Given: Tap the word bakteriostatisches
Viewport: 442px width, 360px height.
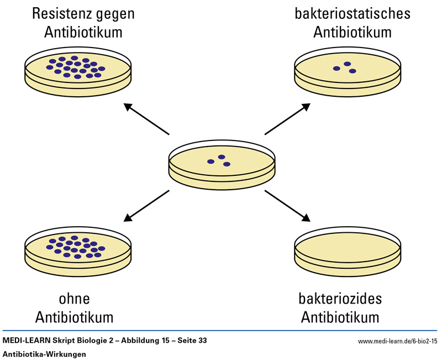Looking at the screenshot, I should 352,13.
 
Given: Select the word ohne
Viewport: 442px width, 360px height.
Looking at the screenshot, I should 74,299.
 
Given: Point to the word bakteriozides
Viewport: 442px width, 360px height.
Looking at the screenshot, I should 340,299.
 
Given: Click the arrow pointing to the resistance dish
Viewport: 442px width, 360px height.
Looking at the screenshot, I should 146,118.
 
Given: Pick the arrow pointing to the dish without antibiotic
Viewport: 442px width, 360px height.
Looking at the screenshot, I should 146,206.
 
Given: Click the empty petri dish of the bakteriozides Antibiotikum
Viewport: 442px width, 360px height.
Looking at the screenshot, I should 346,248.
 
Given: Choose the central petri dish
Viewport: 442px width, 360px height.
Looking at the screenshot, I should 222,164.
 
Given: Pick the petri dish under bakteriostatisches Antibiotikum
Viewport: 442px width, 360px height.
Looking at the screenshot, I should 347,72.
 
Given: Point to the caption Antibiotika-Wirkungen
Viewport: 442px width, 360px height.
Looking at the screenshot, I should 45,354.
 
